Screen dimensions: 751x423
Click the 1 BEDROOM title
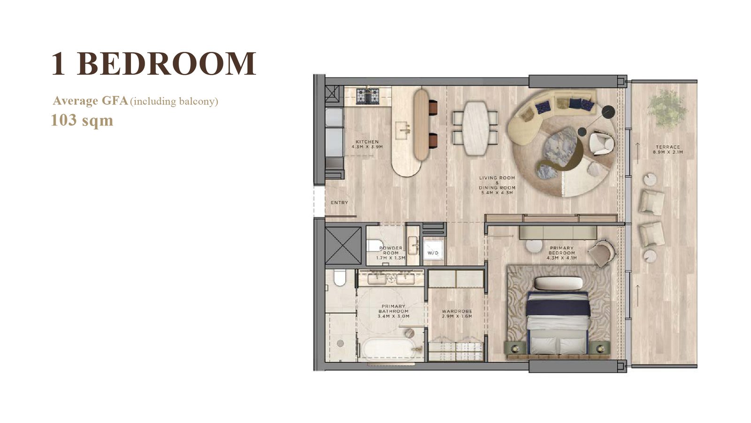point(154,63)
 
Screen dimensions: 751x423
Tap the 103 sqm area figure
point(82,120)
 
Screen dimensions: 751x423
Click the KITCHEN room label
point(367,142)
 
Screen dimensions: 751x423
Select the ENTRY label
point(339,203)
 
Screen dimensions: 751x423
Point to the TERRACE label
point(668,147)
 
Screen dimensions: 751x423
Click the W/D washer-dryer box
point(433,252)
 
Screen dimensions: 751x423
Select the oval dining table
point(475,128)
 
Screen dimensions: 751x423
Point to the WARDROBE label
point(457,312)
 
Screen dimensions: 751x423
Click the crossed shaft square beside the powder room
point(343,246)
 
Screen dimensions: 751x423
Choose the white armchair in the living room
point(601,143)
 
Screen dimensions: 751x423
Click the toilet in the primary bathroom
point(339,278)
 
